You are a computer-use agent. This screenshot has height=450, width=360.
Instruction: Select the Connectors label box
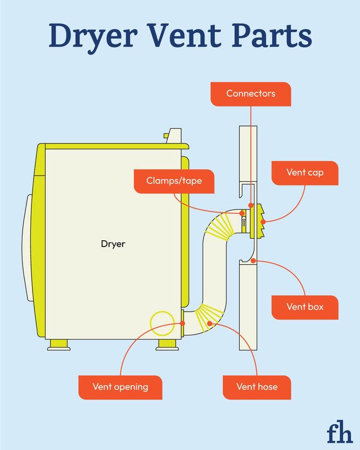pos(251,93)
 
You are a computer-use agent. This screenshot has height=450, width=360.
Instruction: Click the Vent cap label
pos(304,173)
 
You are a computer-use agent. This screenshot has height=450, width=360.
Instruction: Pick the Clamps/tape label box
pos(174,181)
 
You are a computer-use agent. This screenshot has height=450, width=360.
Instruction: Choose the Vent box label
pos(304,307)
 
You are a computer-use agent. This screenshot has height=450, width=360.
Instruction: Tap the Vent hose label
pos(257,387)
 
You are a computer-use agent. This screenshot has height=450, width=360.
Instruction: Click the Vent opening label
pos(120,387)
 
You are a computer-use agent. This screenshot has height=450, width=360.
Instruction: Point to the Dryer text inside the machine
pos(113,244)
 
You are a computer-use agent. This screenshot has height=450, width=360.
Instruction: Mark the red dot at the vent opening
pos(183,323)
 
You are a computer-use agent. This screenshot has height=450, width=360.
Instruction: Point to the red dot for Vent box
pos(254,260)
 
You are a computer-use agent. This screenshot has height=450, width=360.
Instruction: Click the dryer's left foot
pos(59,344)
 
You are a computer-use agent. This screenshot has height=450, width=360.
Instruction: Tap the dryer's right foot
pos(168,344)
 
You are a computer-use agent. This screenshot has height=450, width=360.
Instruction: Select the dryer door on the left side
pos(27,242)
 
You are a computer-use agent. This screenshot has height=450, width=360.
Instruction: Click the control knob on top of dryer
pos(174,135)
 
